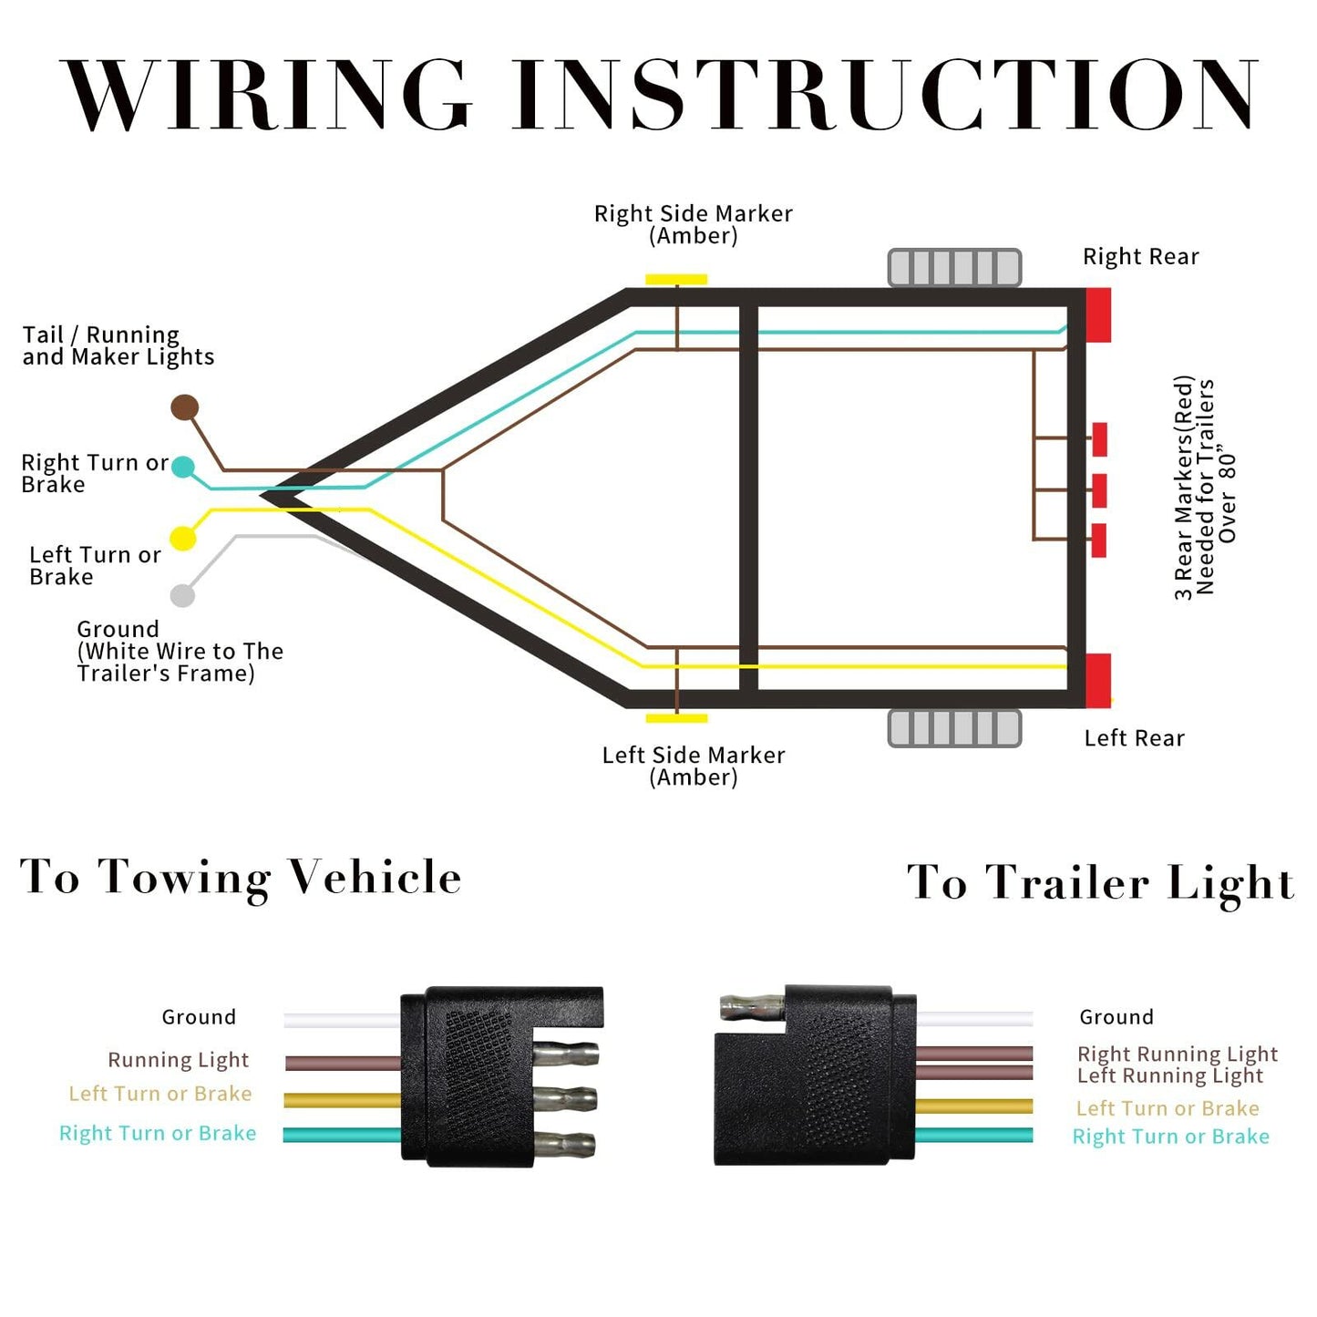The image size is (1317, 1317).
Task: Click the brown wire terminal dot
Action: (x=185, y=407)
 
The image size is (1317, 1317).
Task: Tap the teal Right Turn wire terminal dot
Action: (x=183, y=468)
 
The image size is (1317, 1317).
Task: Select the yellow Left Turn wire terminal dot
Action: (x=183, y=539)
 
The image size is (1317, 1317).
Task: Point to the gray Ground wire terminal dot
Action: (x=182, y=596)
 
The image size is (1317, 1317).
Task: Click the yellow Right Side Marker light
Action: (x=676, y=279)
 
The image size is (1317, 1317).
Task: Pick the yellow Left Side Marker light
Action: (x=676, y=718)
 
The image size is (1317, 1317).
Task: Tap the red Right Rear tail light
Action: (x=1098, y=314)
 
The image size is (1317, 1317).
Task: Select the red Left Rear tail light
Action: (x=1098, y=680)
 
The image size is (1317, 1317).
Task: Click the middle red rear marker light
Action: (x=1099, y=490)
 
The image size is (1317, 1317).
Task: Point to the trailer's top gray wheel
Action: (x=954, y=268)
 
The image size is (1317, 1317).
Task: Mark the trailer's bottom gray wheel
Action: (x=954, y=729)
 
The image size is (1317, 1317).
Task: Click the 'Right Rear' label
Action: (x=1140, y=257)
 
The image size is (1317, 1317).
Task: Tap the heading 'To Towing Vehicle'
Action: (x=241, y=878)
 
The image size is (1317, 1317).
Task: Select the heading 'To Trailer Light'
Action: (x=1100, y=883)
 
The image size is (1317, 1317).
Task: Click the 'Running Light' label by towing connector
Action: (x=178, y=1060)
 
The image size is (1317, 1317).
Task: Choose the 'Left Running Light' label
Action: (x=1169, y=1076)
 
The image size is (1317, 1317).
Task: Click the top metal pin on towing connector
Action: (x=565, y=1055)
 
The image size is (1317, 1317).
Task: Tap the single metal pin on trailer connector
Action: (x=751, y=1007)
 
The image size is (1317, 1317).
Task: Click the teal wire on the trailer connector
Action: (x=973, y=1136)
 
